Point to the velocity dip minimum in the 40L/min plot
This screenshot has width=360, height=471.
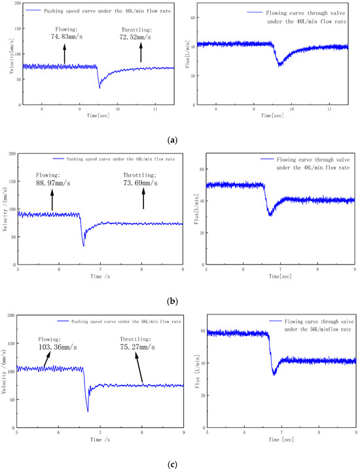pos(99,87)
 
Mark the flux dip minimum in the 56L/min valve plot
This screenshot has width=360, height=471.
pos(275,373)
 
